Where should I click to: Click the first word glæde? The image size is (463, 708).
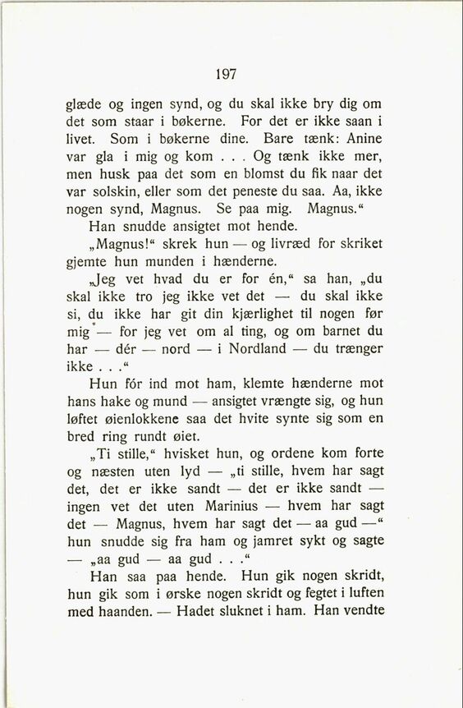coord(85,105)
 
